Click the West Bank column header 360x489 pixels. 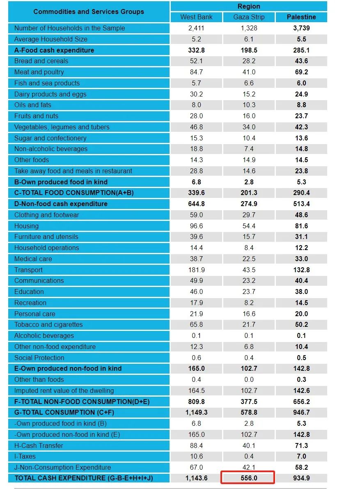click(x=196, y=17)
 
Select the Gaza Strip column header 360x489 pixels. click(x=249, y=17)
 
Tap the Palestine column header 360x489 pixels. click(x=301, y=17)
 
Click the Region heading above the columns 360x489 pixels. click(x=249, y=6)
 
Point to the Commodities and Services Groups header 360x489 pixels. click(x=89, y=11)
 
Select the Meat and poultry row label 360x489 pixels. click(x=39, y=72)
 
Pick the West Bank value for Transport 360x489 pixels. click(x=196, y=270)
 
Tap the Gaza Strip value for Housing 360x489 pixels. click(x=249, y=226)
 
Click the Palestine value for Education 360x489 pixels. click(x=301, y=292)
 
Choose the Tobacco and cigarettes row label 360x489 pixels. click(x=48, y=324)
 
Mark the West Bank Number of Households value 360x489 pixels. click(x=196, y=28)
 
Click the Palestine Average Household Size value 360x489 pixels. click(x=301, y=39)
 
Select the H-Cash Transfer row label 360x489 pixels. click(x=39, y=445)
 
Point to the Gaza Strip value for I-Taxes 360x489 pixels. click(x=249, y=456)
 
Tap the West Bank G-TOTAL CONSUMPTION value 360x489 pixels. click(x=196, y=412)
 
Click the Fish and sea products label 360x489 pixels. click(x=47, y=83)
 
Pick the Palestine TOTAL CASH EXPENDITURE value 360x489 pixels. click(x=301, y=478)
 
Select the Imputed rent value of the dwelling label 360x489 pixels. click(x=64, y=390)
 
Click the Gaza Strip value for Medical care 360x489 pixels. click(x=249, y=259)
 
